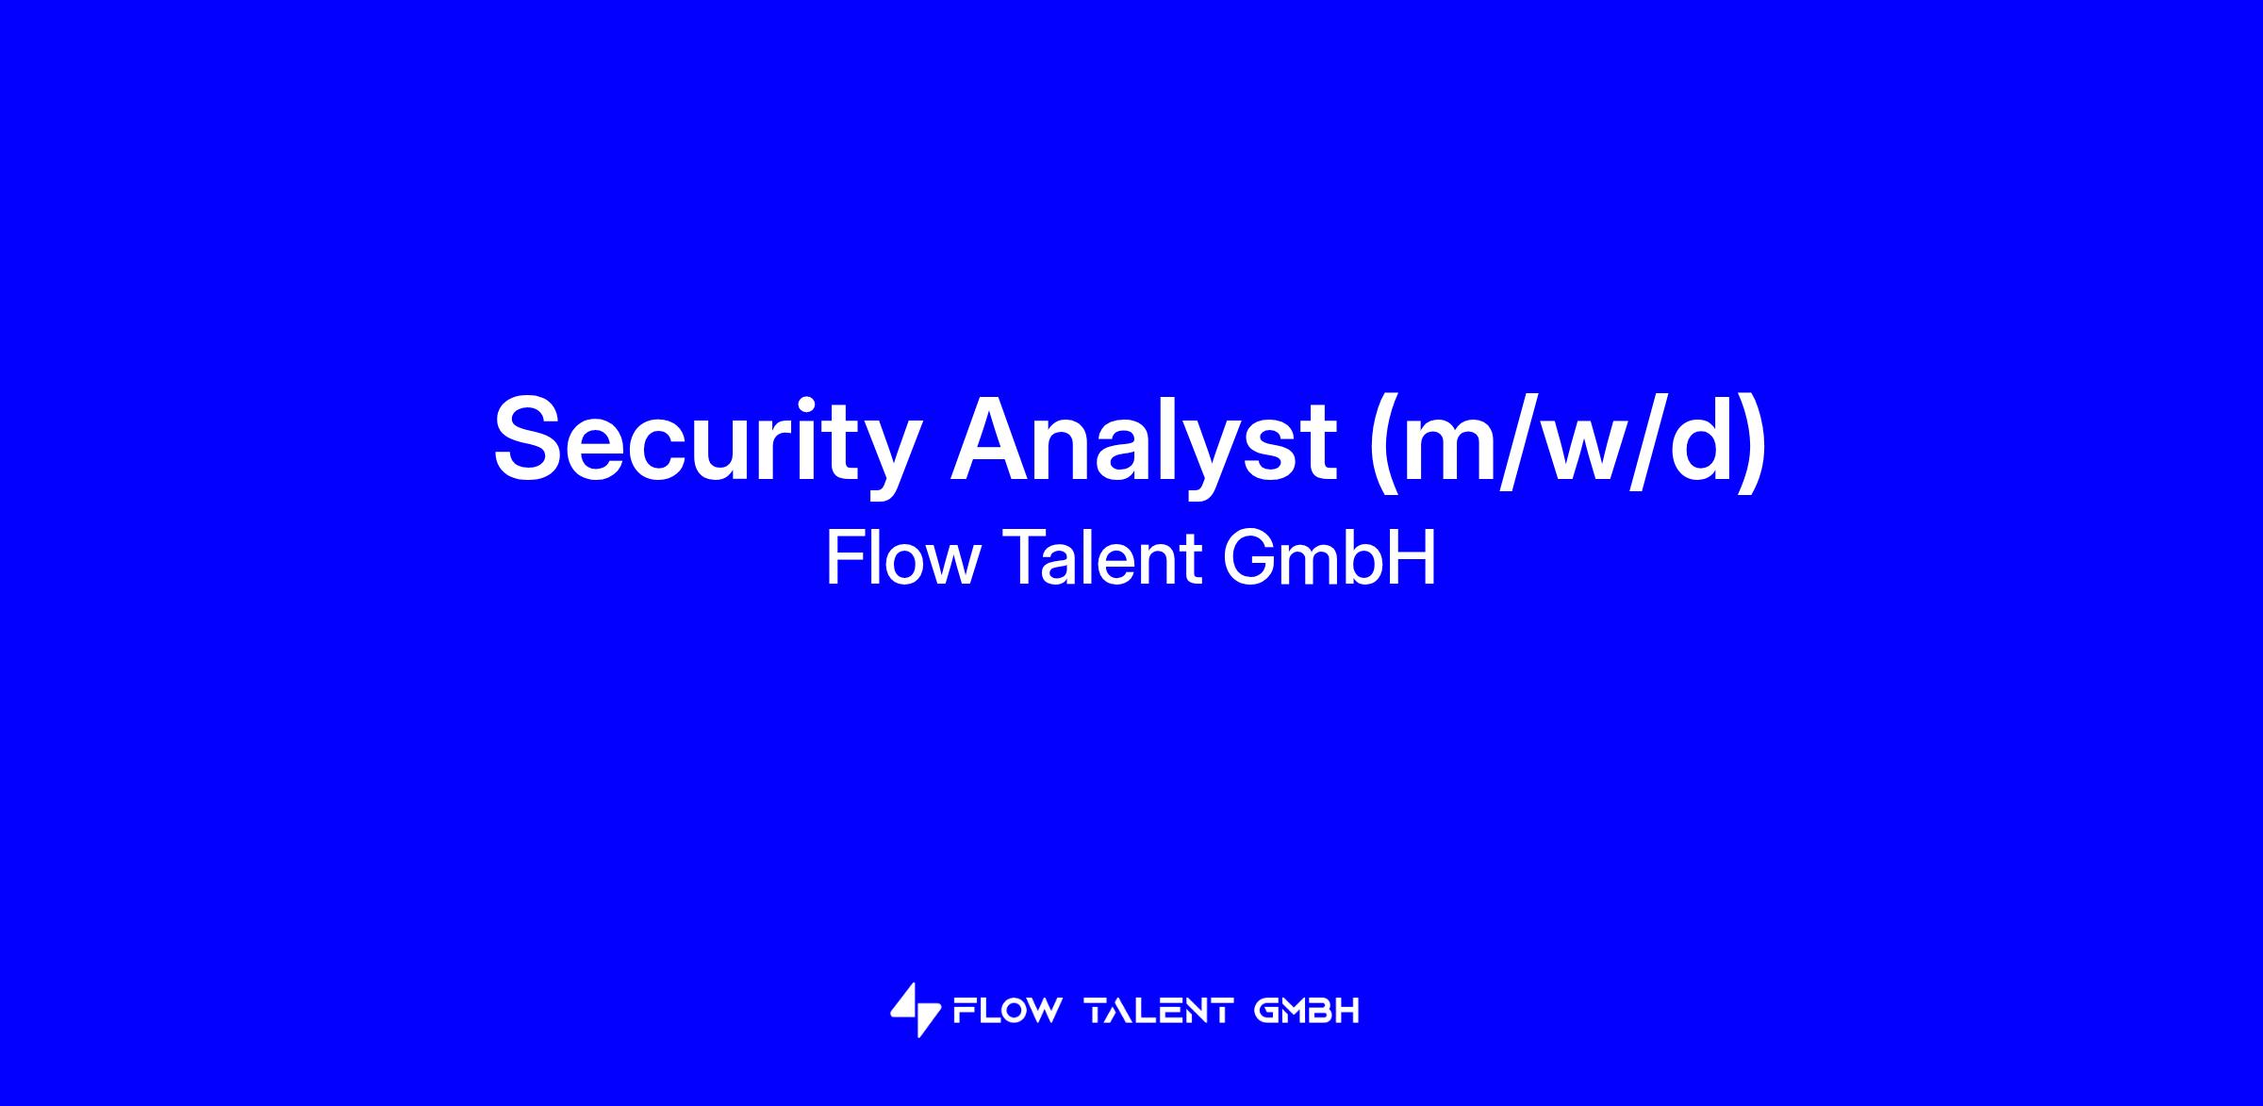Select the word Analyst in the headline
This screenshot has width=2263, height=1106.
tap(1144, 439)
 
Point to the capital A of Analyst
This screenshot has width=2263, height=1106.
tap(994, 437)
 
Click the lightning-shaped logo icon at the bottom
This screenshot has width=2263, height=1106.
tap(915, 1011)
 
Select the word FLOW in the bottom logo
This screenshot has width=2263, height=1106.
tap(1007, 1011)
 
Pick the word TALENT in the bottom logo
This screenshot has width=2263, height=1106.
tap(1160, 1011)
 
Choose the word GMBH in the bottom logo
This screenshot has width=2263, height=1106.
tap(1307, 1011)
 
